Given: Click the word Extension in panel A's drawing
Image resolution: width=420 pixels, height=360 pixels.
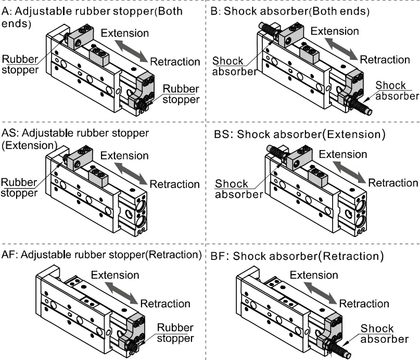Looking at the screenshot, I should coord(125,33).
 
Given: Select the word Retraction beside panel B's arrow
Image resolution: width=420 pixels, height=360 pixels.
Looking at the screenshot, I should coord(385,59).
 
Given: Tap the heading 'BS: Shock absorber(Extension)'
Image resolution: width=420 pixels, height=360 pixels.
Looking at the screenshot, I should coord(300,134).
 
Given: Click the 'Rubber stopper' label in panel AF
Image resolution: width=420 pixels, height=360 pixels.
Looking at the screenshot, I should coord(175,333).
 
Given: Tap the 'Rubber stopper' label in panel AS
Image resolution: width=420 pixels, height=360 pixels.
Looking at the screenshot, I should coord(19,188).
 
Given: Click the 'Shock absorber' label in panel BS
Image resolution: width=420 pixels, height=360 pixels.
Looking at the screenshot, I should coord(232,189).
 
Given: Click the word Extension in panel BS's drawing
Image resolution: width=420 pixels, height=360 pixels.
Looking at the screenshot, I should coord(343,154).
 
